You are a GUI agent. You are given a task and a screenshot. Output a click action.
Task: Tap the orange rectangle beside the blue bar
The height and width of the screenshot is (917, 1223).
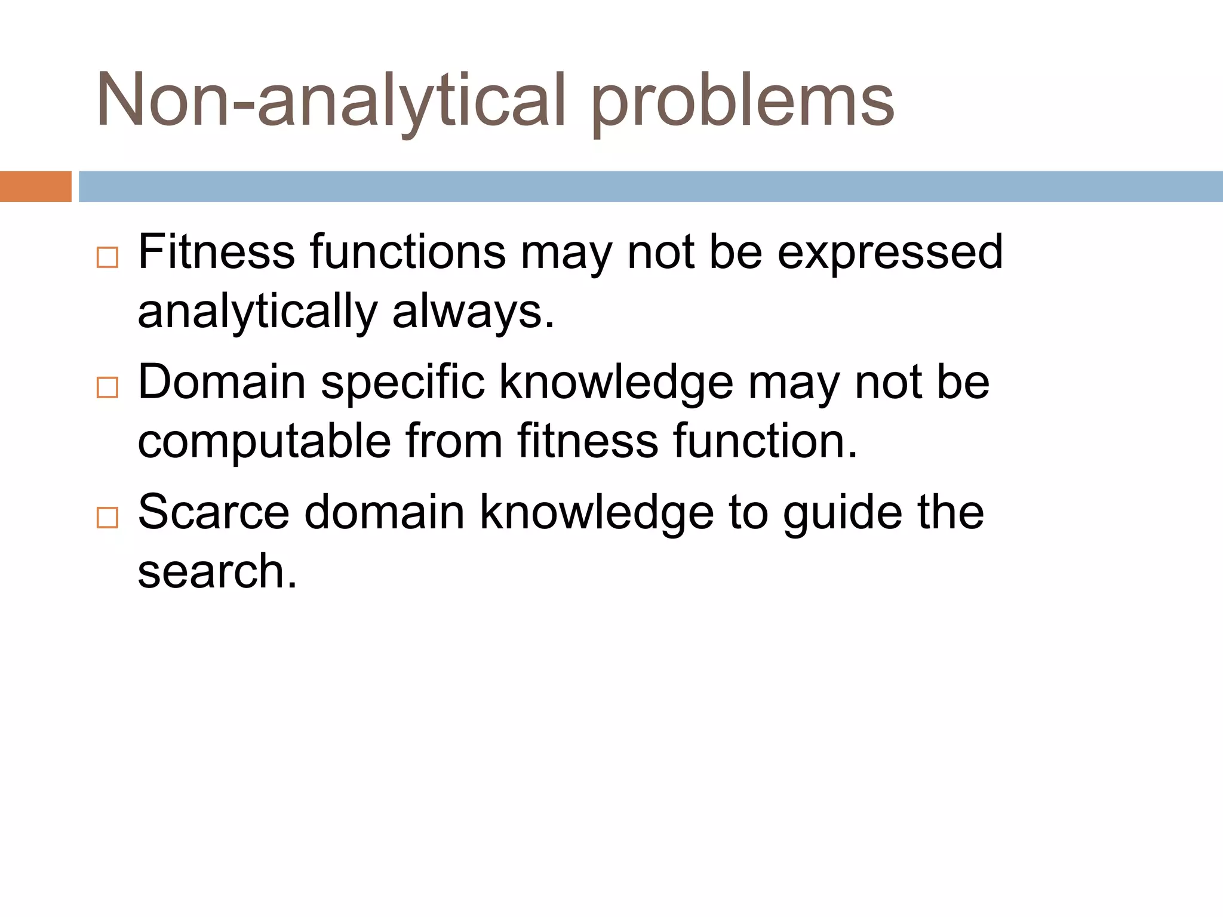pos(35,186)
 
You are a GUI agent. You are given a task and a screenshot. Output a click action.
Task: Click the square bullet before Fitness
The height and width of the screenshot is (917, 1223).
pos(107,257)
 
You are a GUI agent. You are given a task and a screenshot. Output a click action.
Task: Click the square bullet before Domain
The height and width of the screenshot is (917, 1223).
pos(107,387)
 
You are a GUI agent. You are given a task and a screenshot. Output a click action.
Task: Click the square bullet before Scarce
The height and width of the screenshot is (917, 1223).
pos(107,517)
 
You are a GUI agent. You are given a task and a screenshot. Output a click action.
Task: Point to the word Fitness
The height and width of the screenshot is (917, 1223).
pos(216,252)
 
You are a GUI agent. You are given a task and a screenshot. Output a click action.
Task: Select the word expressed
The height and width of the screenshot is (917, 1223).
pos(890,253)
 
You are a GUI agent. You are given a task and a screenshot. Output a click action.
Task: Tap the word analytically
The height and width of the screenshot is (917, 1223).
pos(257,313)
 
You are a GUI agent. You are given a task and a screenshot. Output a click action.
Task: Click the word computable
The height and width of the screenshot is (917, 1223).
pos(264,442)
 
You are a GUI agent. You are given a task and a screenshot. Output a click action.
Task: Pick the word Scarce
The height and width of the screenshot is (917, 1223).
pos(213,512)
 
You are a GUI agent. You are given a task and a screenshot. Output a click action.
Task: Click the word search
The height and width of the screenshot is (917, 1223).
pos(216,572)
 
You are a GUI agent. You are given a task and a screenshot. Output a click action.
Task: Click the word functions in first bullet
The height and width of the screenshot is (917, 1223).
pos(407,252)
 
